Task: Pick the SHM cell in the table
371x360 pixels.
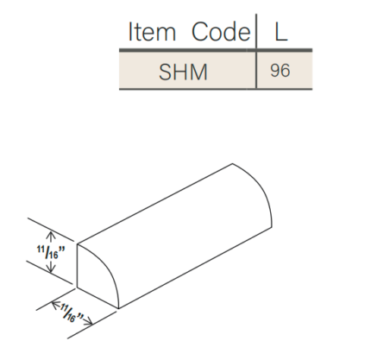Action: click(x=183, y=71)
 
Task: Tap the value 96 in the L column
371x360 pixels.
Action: click(x=280, y=71)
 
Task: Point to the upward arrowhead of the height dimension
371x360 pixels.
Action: click(x=50, y=234)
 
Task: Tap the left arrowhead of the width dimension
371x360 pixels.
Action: click(x=54, y=303)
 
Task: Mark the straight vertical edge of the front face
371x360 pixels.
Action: click(x=79, y=266)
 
